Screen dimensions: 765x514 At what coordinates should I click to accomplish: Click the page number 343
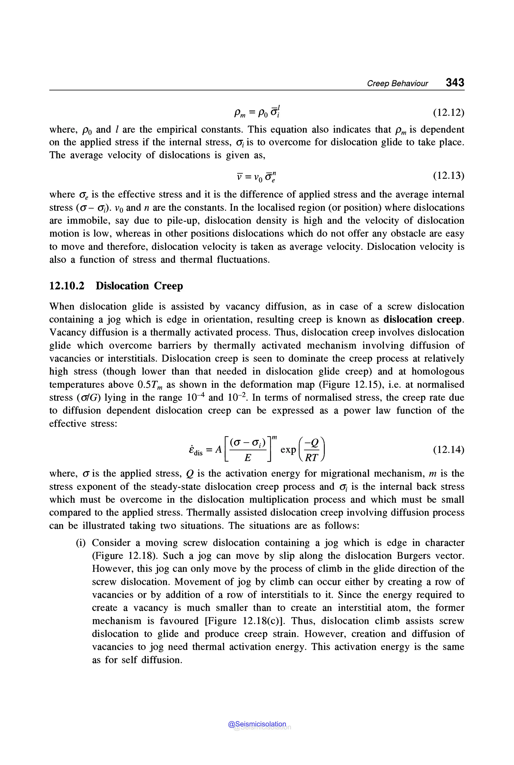pyautogui.click(x=455, y=82)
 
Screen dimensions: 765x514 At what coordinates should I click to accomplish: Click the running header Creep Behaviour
pyautogui.click(x=397, y=84)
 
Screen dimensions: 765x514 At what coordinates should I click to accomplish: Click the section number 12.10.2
pyautogui.click(x=67, y=286)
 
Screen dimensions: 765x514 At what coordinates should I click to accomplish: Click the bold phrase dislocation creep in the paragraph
pyautogui.click(x=423, y=320)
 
